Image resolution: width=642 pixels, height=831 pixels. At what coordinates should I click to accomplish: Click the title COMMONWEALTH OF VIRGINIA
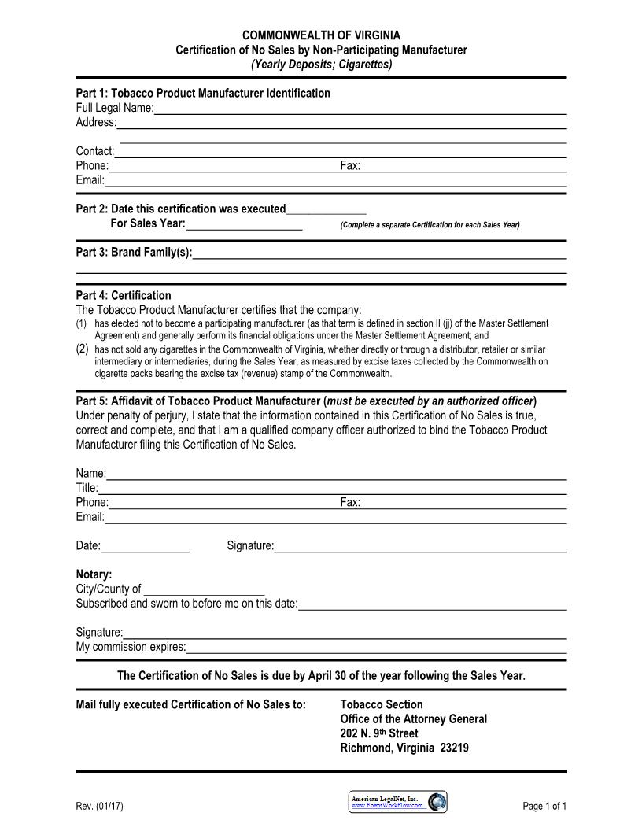point(321,35)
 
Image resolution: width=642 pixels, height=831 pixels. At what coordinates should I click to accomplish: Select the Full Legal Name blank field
point(360,109)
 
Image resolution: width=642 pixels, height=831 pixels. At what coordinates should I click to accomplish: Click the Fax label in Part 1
point(350,166)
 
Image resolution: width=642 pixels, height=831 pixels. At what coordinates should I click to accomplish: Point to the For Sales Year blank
point(244,224)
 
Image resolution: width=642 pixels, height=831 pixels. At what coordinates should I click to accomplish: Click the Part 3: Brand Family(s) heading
point(134,253)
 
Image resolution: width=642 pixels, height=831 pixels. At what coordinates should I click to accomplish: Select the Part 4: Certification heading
point(124,296)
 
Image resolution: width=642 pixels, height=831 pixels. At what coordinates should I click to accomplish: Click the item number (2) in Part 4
point(83,349)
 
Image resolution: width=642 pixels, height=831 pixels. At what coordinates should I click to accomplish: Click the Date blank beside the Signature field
point(145,546)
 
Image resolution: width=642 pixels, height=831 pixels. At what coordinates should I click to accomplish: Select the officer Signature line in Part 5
point(420,546)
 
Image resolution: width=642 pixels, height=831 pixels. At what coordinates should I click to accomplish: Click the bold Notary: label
point(94,574)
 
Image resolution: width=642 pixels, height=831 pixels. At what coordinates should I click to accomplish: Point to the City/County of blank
point(205,589)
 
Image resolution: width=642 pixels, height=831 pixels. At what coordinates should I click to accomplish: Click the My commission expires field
point(376,648)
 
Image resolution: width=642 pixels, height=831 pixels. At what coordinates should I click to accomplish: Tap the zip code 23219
point(452,748)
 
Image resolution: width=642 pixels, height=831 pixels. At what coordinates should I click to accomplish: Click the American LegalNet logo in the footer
point(398,802)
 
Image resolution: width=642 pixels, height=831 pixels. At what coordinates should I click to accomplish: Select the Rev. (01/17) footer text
point(99,806)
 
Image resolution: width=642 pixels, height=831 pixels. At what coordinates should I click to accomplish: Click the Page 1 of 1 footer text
point(544,806)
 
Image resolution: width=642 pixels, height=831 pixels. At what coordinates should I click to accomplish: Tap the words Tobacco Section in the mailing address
point(382,704)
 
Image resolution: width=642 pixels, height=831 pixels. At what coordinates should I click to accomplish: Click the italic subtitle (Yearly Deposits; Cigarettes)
point(321,64)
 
